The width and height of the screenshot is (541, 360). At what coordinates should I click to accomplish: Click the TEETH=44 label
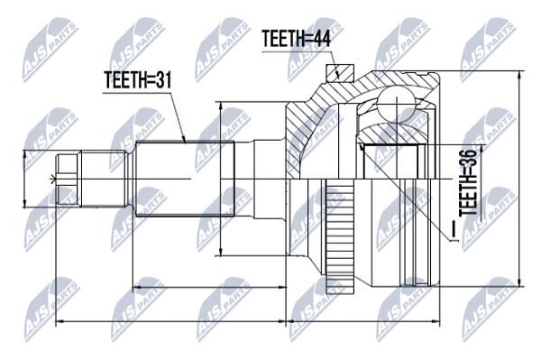296,38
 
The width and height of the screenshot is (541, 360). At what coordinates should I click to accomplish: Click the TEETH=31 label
137,79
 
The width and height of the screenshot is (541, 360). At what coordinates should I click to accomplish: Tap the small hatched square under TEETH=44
340,73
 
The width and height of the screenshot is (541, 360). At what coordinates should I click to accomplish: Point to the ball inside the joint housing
396,103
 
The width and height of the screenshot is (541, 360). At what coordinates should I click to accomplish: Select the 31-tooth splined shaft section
185,179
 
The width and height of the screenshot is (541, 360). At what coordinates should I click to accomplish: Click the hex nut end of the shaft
67,180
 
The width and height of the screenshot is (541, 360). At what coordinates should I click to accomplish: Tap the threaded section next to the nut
103,179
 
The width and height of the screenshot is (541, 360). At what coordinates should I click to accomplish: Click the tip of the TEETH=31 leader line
185,143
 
